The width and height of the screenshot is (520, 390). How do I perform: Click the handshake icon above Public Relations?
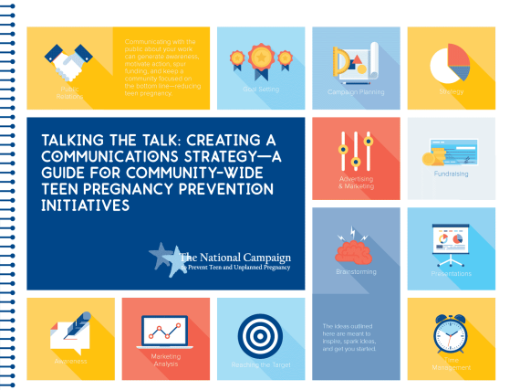(x=66, y=63)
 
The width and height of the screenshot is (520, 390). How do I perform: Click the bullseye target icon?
(x=259, y=335)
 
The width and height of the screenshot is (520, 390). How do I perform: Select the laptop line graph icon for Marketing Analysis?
(x=165, y=335)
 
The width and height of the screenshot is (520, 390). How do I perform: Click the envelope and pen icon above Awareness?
(x=69, y=335)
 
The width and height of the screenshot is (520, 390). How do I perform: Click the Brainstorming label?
(x=355, y=271)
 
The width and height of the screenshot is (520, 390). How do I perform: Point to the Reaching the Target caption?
(x=259, y=364)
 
